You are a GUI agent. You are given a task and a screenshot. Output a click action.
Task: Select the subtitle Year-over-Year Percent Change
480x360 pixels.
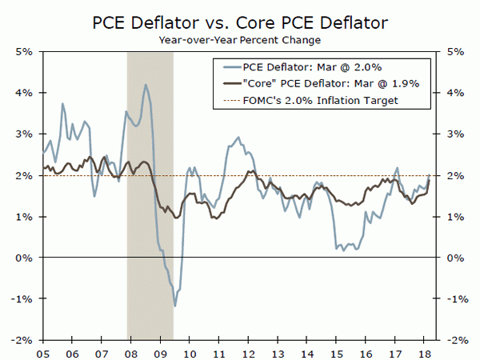pos(239,38)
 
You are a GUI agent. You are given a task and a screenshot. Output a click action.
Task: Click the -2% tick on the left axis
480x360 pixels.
pos(21,339)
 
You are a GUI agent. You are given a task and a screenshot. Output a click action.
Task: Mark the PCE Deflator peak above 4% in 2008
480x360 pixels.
pos(145,85)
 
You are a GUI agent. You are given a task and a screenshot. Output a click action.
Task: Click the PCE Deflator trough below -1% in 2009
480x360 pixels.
pos(174,306)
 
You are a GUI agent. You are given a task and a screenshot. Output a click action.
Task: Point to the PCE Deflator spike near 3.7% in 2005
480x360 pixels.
pos(62,104)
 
